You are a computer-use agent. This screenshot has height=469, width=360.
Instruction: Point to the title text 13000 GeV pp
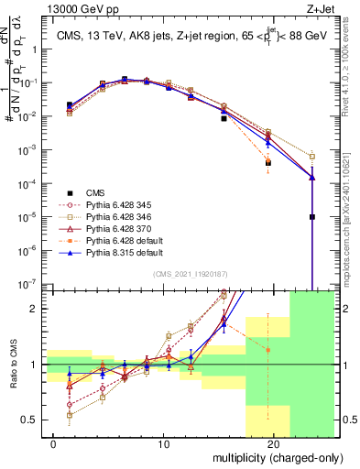[43, 8]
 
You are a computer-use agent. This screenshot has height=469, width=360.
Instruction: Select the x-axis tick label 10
[164, 445]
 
